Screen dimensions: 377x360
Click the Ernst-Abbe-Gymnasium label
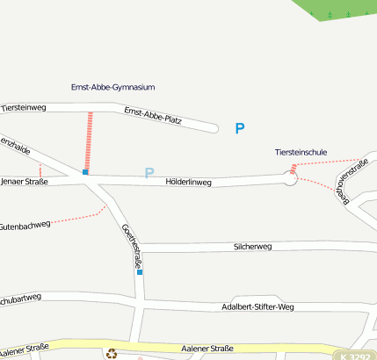pos(112,88)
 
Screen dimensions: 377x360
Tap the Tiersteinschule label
pos(301,152)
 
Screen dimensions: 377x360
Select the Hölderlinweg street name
pos(189,183)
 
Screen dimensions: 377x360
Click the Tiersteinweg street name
pos(23,107)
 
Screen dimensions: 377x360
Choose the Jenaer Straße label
pos(24,182)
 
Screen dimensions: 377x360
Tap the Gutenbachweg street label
pos(25,226)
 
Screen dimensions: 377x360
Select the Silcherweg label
pos(252,247)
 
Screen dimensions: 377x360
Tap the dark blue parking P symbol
pos(239,129)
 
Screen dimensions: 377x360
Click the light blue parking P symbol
pos(149,173)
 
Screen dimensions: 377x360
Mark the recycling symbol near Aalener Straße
pos(112,354)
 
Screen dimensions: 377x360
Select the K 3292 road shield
pos(356,356)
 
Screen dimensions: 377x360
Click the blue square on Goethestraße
pos(140,272)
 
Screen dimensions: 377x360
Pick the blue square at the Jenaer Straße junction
pos(85,172)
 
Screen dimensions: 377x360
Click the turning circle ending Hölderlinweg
pos(291,179)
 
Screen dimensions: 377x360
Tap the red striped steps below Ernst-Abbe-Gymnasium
pos(89,140)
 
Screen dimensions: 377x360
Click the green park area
pos(338,11)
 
